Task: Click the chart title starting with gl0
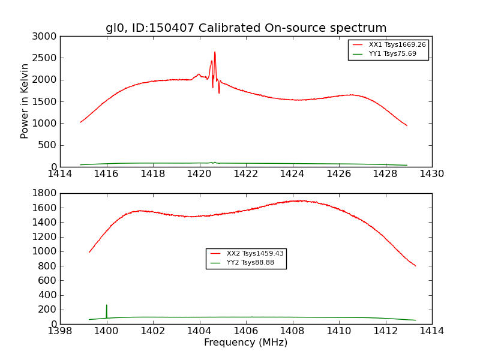pos(246,28)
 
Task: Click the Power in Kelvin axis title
pos(25,101)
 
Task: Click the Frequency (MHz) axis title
pos(246,343)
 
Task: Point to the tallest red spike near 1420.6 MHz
pos(215,52)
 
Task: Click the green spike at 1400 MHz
pos(107,305)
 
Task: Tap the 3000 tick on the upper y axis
pos(46,36)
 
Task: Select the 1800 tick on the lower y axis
pos(46,193)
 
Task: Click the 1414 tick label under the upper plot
pos(61,174)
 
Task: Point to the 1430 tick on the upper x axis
pos(431,174)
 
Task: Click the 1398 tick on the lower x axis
pos(61,331)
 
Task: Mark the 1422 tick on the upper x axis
pos(246,174)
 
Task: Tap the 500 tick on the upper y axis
pos(48,145)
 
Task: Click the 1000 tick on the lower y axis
pos(46,251)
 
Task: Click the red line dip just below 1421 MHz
pos(219,92)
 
